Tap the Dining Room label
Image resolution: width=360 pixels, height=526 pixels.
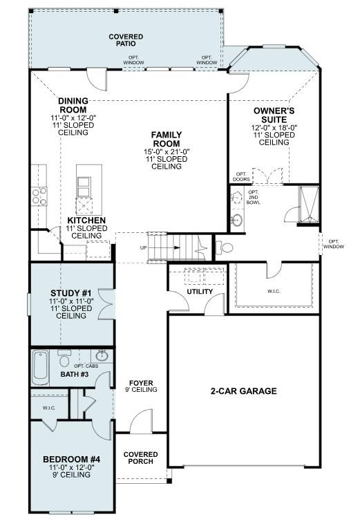73,105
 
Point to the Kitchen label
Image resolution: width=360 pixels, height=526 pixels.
86,221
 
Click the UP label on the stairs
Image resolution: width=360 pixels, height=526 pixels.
144,247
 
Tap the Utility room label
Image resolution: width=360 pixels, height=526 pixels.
200,292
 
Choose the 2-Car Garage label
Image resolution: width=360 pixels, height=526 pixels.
243,391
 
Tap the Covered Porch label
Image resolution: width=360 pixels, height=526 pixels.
141,458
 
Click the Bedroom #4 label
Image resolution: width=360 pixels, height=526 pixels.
72,460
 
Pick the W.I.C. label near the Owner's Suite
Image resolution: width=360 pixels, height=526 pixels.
274,291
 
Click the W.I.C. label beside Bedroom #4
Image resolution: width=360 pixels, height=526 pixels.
48,408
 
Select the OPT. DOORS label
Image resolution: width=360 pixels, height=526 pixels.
241,177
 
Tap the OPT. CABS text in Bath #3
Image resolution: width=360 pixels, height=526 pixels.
86,365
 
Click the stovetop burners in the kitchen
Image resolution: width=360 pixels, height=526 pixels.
38,196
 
